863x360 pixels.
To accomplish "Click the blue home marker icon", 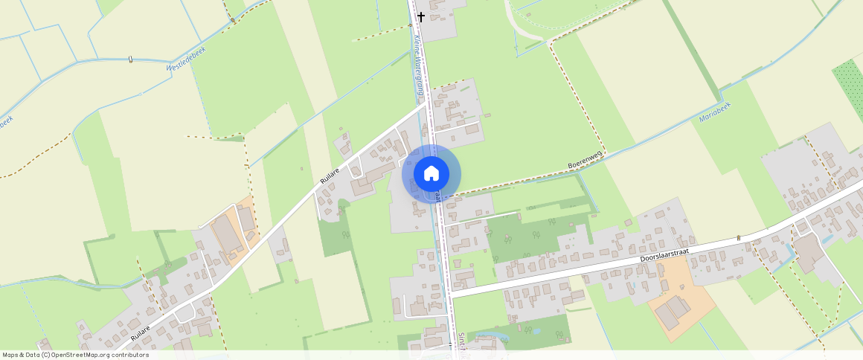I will [431, 174].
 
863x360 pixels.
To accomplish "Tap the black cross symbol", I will [420, 16].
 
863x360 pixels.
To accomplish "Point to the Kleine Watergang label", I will [418, 68].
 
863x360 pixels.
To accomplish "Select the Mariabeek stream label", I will [715, 112].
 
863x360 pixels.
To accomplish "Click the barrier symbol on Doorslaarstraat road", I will [739, 237].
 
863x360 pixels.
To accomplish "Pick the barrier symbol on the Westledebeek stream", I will [130, 59].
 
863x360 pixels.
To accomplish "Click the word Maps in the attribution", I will [11, 355].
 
